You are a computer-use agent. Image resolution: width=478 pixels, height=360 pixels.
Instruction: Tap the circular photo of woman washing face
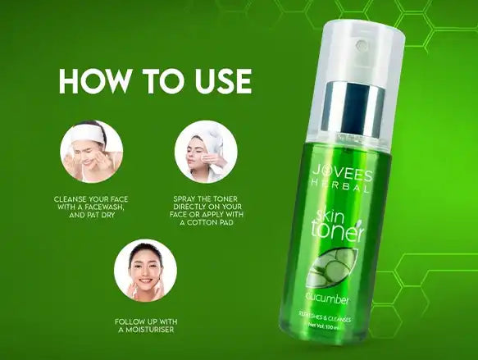point(91,151)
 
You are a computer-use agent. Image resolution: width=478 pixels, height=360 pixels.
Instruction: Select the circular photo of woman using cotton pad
point(206,151)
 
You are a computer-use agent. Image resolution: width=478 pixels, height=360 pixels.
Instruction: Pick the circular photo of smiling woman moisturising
point(145,270)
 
